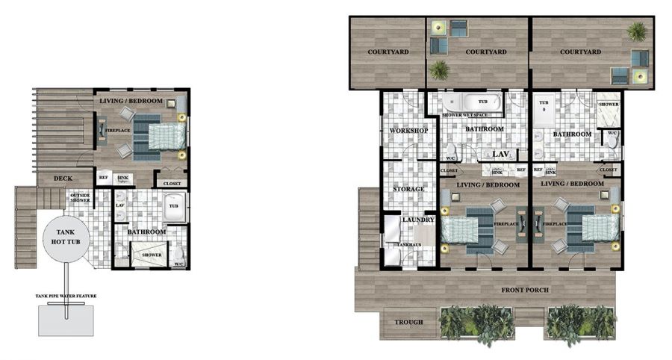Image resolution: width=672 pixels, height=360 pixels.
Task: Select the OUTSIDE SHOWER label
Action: tap(80, 198)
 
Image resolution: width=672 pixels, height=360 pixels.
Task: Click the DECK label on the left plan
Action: tap(63, 179)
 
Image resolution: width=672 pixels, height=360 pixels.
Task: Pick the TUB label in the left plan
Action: tap(173, 206)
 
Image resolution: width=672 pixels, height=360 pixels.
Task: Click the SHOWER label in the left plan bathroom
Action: tap(152, 255)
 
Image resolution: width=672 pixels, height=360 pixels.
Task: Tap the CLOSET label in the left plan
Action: tap(171, 182)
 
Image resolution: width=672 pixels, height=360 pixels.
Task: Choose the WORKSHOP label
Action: tap(408, 131)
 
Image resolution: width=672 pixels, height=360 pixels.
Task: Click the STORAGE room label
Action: tap(408, 189)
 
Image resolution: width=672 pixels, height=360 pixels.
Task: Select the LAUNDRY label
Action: tap(417, 220)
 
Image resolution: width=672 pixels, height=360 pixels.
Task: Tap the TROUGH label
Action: tap(408, 322)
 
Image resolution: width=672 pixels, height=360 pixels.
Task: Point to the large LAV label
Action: tap(500, 154)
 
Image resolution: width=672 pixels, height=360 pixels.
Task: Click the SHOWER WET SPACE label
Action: tap(465, 115)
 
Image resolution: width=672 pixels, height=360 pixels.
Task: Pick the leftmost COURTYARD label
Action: tap(386, 52)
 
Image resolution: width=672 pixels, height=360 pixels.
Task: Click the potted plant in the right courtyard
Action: tap(636, 31)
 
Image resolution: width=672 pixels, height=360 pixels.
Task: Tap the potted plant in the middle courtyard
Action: tap(440, 69)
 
